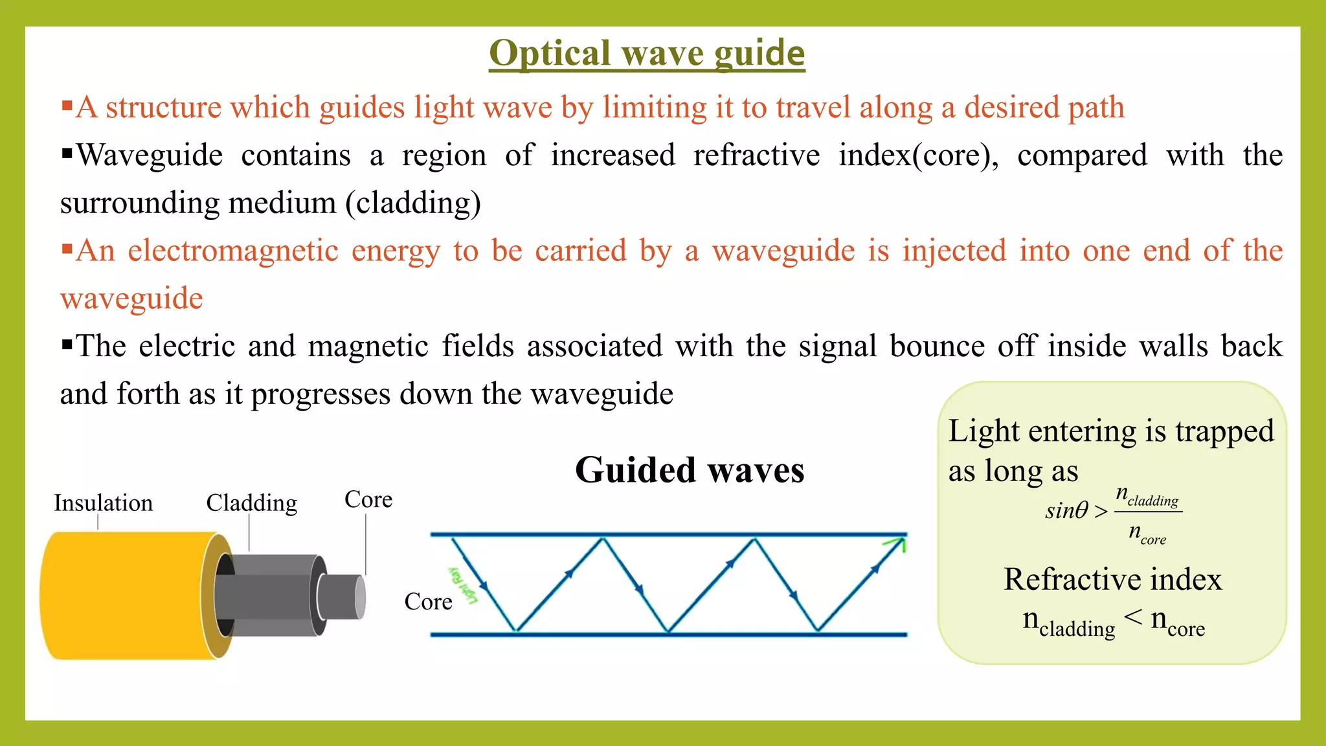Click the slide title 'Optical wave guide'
click(647, 53)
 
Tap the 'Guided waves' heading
click(690, 469)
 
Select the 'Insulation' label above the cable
click(103, 503)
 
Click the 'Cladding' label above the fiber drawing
click(251, 503)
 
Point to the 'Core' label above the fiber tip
click(368, 499)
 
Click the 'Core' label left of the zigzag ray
click(428, 602)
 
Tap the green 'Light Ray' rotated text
click(464, 584)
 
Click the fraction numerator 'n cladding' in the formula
click(1147, 497)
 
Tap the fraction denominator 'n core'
click(1147, 534)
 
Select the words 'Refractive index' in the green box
click(1112, 579)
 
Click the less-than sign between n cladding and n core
click(1133, 618)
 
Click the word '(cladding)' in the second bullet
click(413, 203)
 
